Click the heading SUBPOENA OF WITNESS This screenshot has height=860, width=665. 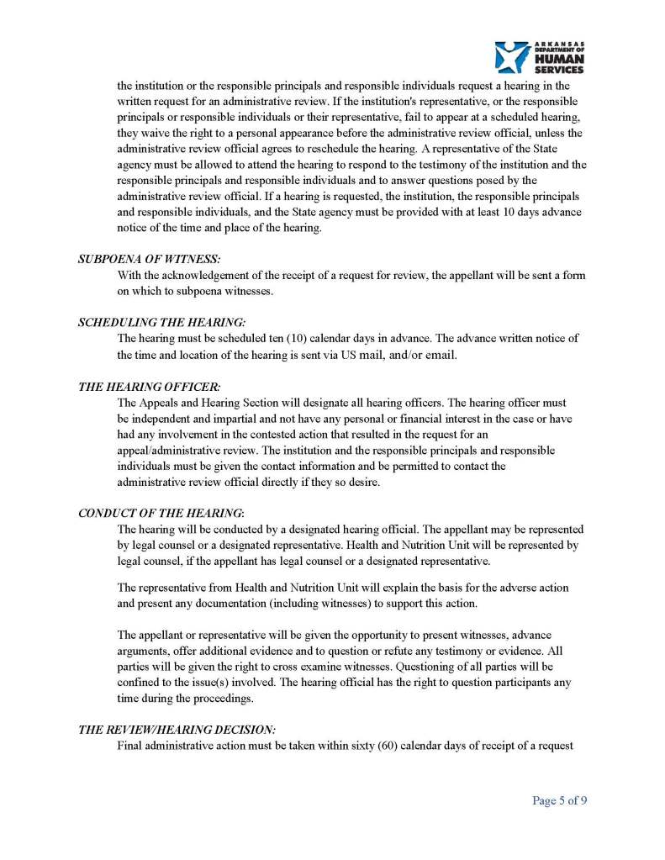[x=149, y=260]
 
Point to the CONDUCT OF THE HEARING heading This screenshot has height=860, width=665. [x=161, y=513]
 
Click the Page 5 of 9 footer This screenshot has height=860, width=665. [x=559, y=800]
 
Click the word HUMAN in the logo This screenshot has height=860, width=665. [x=559, y=59]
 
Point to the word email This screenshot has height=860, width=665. [x=441, y=355]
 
